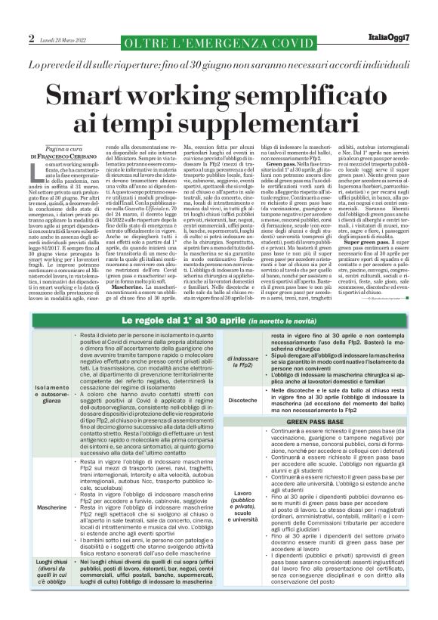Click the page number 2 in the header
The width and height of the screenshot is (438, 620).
click(x=32, y=38)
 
